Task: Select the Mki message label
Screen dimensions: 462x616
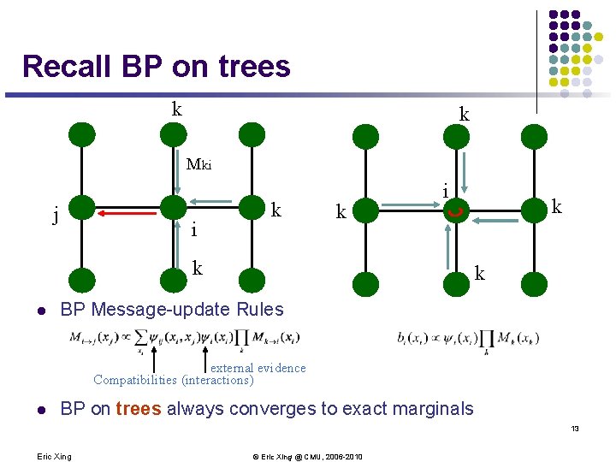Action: coord(199,165)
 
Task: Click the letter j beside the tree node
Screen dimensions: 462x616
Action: coord(56,215)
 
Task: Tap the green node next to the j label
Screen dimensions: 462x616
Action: coord(81,207)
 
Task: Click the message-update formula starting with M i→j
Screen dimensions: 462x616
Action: coord(171,338)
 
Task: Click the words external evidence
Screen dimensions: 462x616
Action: coord(258,368)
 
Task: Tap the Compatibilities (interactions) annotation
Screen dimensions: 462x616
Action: coord(174,380)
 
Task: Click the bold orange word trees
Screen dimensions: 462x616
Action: coord(139,409)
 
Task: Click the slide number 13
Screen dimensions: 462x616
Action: coord(576,428)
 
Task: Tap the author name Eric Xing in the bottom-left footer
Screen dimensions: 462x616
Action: coord(55,456)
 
